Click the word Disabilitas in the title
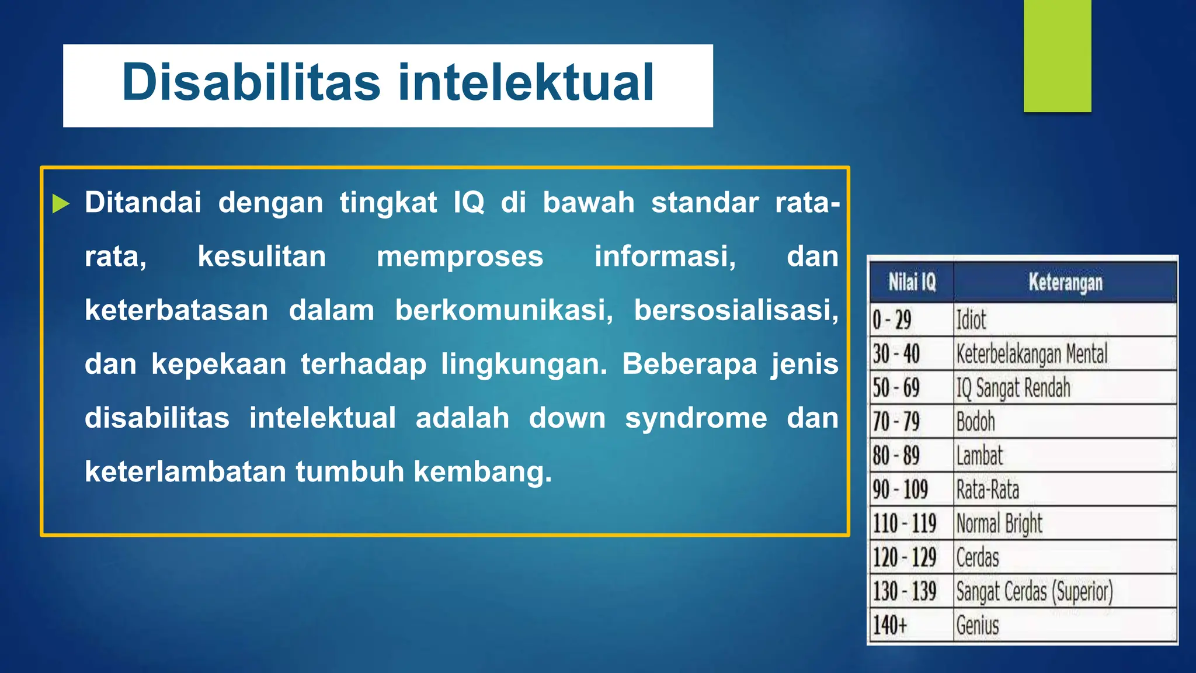point(251,82)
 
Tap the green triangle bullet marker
point(61,204)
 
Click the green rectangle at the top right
point(1057,55)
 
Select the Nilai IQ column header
point(912,282)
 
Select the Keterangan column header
point(1065,282)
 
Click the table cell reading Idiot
point(971,320)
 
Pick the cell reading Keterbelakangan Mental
point(1031,354)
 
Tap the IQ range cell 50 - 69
point(896,388)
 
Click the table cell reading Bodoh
point(975,422)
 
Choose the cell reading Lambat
point(979,456)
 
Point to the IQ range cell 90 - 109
point(900,490)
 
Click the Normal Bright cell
point(999,523)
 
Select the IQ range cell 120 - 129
point(904,557)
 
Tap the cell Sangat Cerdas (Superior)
point(1034,591)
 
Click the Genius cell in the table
point(978,625)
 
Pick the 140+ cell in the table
point(890,625)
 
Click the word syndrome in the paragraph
point(696,418)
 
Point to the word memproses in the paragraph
point(460,257)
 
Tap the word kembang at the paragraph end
point(482,472)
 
